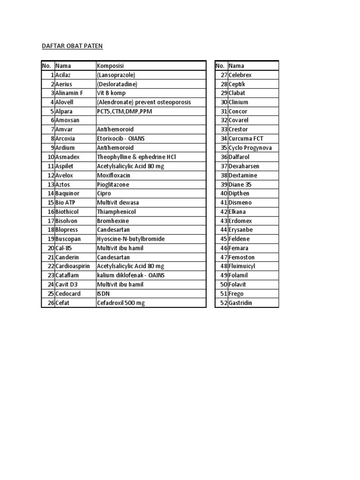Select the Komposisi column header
coord(110,66)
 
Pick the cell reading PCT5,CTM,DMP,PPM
coord(124,112)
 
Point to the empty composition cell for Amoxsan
coord(150,120)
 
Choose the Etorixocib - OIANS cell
coord(121,139)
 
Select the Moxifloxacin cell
coord(113,175)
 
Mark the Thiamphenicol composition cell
coord(116,212)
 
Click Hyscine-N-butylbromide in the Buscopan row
coord(131,239)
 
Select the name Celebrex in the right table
coord(240,75)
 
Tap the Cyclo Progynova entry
coord(250,148)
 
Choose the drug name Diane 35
coord(240,185)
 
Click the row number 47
coord(224,257)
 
